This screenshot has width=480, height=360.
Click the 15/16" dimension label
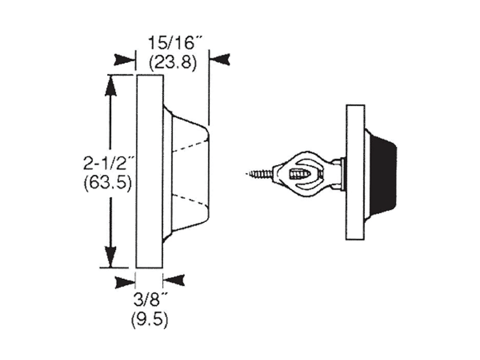click(x=171, y=43)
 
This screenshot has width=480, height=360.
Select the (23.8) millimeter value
click(x=172, y=63)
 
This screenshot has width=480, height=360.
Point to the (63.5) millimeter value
click(x=108, y=183)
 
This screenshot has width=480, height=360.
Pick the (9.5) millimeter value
click(x=150, y=320)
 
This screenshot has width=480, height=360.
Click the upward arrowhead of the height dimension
click(x=111, y=86)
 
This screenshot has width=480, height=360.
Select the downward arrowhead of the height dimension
click(x=111, y=257)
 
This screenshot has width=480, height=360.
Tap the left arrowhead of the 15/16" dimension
click(x=124, y=60)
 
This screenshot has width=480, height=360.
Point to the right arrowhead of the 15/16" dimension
click(x=220, y=59)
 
